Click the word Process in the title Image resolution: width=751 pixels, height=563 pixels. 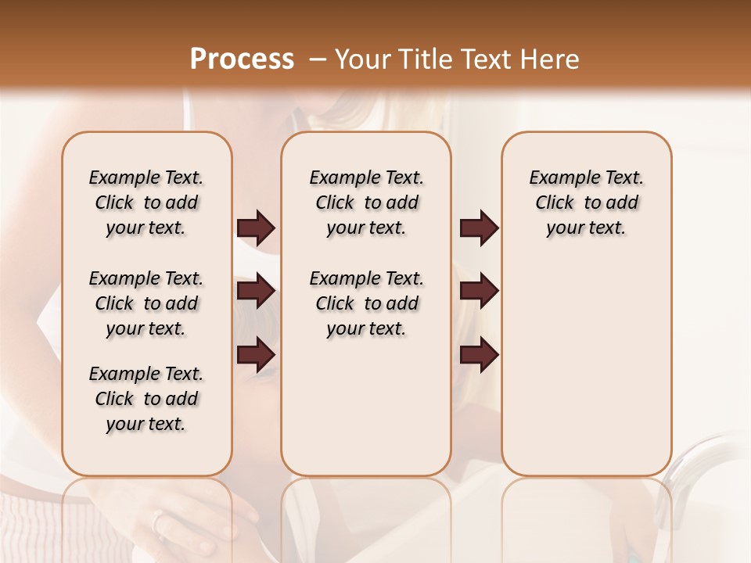tap(242, 59)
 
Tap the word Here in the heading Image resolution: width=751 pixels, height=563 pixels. tap(550, 59)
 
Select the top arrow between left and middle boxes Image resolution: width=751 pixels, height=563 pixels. tap(256, 228)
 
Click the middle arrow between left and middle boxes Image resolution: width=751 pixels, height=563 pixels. tap(256, 291)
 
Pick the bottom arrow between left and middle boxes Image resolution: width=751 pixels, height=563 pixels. tap(256, 354)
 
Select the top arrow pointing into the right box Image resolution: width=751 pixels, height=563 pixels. tap(479, 228)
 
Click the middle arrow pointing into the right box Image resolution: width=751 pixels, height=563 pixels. tap(479, 291)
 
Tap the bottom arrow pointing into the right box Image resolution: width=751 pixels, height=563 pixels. tap(479, 354)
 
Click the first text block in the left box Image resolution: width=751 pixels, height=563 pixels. tap(146, 203)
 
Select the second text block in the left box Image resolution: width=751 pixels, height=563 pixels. tap(146, 303)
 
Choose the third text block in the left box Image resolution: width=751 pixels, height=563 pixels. tap(146, 399)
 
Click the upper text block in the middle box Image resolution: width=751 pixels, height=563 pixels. tap(366, 203)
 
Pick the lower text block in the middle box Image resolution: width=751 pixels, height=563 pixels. tap(366, 303)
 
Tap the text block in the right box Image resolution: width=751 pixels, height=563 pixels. tap(586, 203)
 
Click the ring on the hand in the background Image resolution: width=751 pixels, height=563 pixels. tap(159, 520)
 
